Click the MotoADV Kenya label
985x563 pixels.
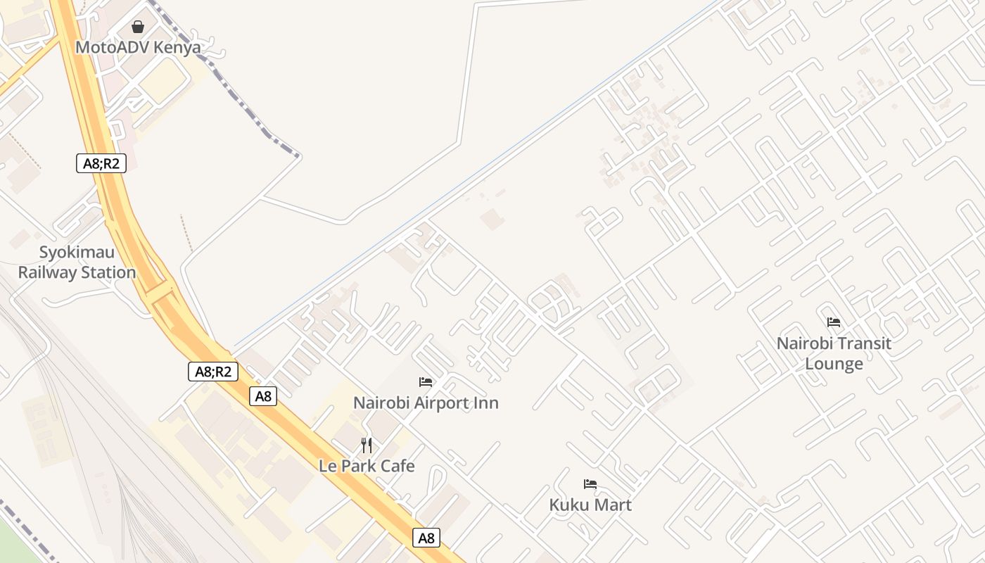[138, 48]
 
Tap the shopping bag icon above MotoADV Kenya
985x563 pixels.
[138, 27]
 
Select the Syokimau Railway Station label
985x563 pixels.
[77, 262]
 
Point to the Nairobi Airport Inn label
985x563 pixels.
[426, 403]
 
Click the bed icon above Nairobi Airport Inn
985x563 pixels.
[426, 382]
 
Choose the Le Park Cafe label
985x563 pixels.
[367, 466]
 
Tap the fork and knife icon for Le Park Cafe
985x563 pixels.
[367, 445]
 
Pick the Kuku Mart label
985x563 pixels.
[590, 505]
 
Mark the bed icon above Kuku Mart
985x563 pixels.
[590, 484]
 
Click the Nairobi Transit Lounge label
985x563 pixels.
[834, 353]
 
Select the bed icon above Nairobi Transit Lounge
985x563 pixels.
[834, 322]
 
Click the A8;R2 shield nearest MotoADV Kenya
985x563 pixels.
[101, 164]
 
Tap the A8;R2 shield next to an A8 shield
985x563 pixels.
[213, 372]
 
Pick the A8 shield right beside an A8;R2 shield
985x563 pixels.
[263, 396]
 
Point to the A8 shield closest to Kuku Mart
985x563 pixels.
[426, 538]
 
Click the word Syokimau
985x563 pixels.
[77, 253]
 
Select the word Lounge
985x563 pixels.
[834, 364]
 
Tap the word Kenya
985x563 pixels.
[179, 48]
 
